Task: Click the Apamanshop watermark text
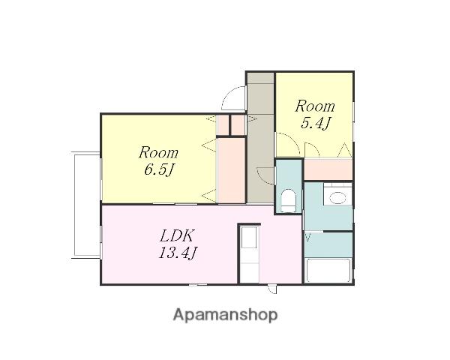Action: coord(225,315)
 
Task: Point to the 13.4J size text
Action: coord(178,253)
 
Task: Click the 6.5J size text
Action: coord(159,169)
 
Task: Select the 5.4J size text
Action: coord(315,123)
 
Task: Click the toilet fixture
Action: coord(288,200)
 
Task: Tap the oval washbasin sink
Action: coord(337,198)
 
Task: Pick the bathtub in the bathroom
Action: coord(328,271)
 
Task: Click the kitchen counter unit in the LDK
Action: coord(250,253)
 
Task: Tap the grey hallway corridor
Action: coord(260,138)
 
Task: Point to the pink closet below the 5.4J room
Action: coord(328,169)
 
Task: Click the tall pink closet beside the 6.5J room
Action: coord(231,170)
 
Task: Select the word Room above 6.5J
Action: coord(159,153)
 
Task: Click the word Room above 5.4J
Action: coord(315,106)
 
